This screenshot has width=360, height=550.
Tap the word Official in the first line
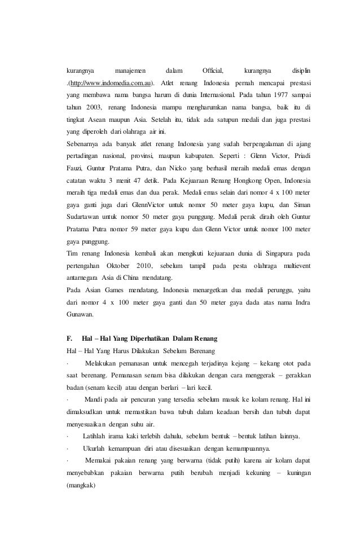tap(213, 71)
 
